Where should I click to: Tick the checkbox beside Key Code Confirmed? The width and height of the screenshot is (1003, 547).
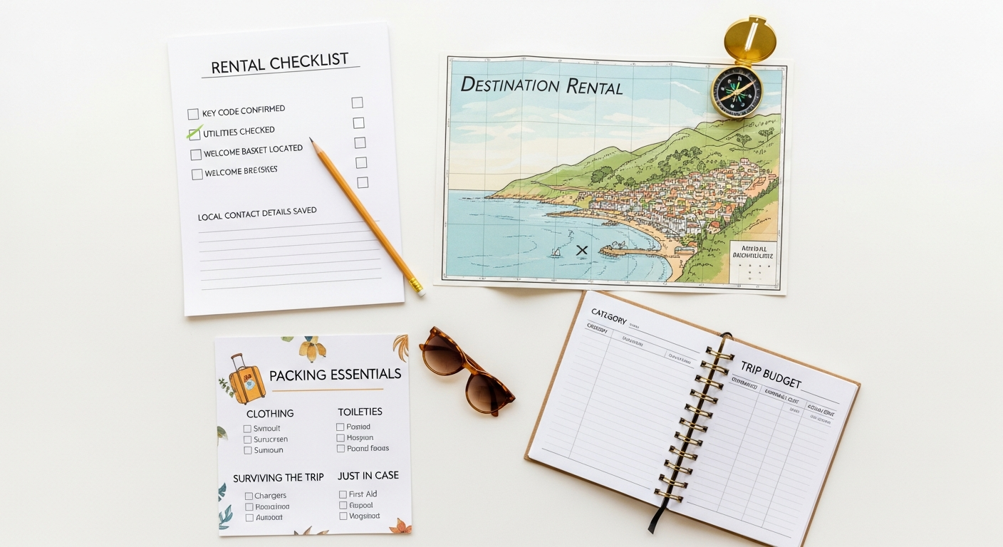click(x=193, y=114)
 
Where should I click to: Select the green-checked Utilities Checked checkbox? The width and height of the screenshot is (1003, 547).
click(x=194, y=134)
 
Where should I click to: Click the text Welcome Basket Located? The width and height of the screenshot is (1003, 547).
click(x=253, y=151)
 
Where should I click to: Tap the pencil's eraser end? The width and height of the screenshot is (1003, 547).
click(x=418, y=288)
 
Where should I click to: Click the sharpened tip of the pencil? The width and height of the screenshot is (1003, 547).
click(x=311, y=140)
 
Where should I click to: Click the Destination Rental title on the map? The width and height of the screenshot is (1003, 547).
click(x=541, y=86)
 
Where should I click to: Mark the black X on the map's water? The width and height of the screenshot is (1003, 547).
click(x=582, y=250)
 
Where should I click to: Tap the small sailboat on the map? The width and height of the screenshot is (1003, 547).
click(x=556, y=251)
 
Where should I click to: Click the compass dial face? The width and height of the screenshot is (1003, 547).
click(x=737, y=93)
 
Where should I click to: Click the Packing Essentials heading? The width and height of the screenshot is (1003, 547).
click(x=335, y=375)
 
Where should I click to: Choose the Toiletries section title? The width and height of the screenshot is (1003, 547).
click(x=360, y=412)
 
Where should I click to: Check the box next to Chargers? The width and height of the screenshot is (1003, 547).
click(x=249, y=496)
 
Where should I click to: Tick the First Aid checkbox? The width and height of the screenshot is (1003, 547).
click(x=343, y=494)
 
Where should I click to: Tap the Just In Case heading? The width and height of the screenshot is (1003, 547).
click(x=368, y=476)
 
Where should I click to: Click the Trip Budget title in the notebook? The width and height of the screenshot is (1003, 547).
click(x=771, y=375)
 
